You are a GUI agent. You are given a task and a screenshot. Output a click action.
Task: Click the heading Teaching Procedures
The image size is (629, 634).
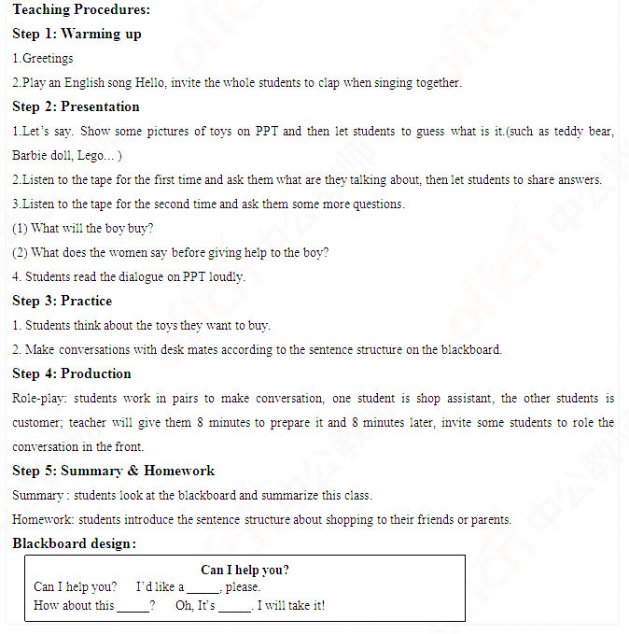[81, 9]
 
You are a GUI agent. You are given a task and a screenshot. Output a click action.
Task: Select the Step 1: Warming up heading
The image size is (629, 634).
[77, 34]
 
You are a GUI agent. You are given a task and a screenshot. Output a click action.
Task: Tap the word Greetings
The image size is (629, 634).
[48, 58]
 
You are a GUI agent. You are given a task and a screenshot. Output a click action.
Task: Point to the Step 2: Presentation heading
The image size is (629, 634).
[76, 106]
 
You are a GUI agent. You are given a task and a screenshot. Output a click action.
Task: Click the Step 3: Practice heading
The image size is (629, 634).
[62, 301]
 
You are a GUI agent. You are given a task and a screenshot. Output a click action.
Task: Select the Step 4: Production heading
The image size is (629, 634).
[72, 373]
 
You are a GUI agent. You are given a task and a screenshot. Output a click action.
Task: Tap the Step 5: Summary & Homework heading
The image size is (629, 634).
[113, 471]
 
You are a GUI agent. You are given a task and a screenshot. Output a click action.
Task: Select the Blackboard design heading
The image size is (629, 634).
[75, 543]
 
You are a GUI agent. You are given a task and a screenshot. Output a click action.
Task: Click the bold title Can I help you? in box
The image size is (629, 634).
[245, 570]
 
